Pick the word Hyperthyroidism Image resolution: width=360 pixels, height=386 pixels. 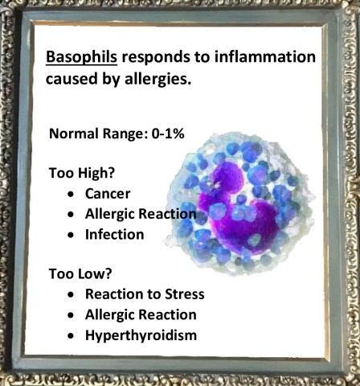point(151,334)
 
